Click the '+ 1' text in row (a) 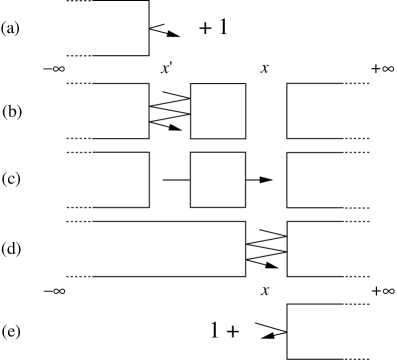click(213, 28)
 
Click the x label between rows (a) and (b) click(265, 68)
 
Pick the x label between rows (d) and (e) click(265, 290)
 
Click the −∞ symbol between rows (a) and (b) click(56, 68)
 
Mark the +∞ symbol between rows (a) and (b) click(381, 68)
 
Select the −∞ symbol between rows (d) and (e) click(56, 290)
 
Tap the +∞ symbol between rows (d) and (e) click(381, 290)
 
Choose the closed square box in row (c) click(217, 180)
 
